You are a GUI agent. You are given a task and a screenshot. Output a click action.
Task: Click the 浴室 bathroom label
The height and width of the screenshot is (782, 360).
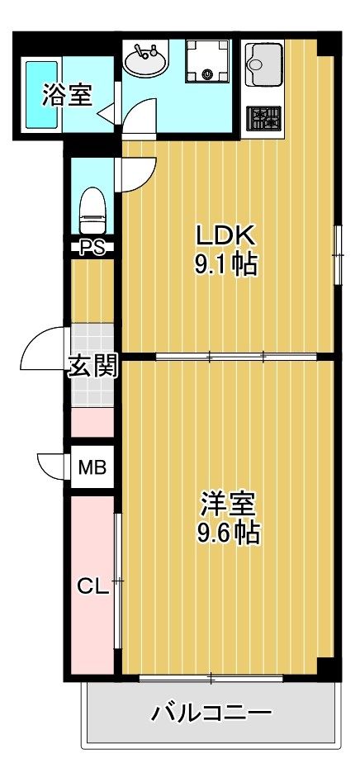click(67, 95)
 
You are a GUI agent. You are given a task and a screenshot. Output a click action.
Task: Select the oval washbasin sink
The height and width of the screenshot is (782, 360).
click(146, 59)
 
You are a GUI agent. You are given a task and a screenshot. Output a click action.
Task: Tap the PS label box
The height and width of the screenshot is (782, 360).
click(92, 246)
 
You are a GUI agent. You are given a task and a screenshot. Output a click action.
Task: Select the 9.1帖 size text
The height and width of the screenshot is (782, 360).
click(225, 266)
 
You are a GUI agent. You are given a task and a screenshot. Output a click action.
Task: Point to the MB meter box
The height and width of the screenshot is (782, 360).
click(92, 467)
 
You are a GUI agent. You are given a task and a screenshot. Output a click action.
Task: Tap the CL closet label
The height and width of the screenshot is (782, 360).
click(92, 587)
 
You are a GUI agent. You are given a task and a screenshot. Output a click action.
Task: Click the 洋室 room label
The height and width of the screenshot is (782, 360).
click(229, 503)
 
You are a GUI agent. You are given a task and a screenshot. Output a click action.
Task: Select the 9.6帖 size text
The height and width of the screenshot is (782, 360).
click(229, 533)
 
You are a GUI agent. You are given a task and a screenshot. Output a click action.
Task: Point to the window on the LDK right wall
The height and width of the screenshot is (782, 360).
click(337, 254)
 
